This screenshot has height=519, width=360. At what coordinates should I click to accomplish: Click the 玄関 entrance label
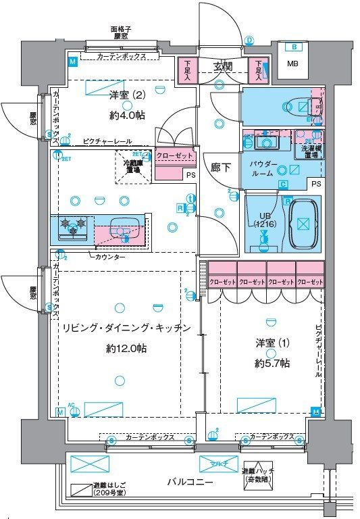224,66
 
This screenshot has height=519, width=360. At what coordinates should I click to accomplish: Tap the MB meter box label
292,64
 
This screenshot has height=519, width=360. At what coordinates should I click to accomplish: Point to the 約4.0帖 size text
128,116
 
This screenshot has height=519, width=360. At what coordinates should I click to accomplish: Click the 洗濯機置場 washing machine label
311,151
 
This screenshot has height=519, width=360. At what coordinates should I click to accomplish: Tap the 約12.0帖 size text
126,349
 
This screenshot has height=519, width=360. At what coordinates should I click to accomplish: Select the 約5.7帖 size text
272,363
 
